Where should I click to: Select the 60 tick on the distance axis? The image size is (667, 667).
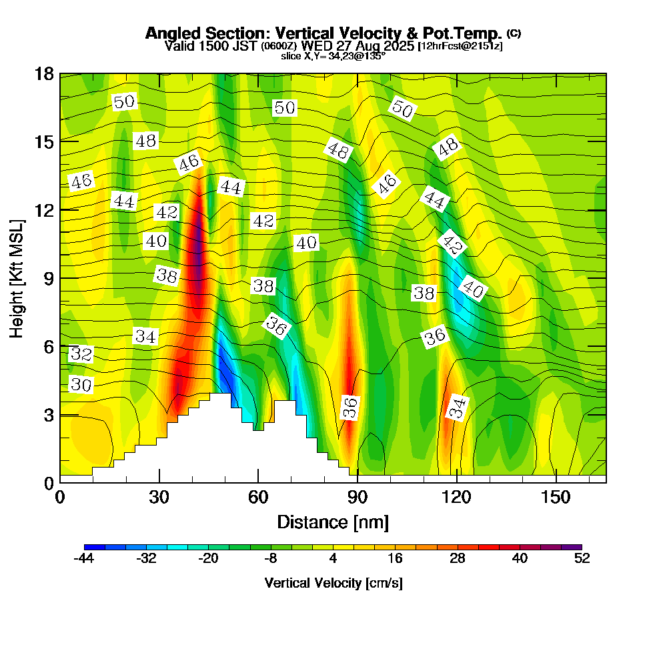coord(258,498)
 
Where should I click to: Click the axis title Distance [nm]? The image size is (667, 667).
coord(333,522)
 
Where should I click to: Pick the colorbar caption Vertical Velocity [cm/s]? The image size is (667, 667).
coord(333,583)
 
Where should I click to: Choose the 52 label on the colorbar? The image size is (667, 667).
coord(582,559)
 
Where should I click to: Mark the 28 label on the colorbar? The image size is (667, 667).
coord(457,559)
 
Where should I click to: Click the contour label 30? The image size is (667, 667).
coord(81,385)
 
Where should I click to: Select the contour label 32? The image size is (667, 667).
coord(81,354)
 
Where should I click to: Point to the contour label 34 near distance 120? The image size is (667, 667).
coord(457,407)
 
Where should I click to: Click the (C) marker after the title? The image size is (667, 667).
coord(514,33)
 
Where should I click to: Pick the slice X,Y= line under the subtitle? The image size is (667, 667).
coord(333,56)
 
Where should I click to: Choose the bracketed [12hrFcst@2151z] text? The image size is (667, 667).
coord(460,46)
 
